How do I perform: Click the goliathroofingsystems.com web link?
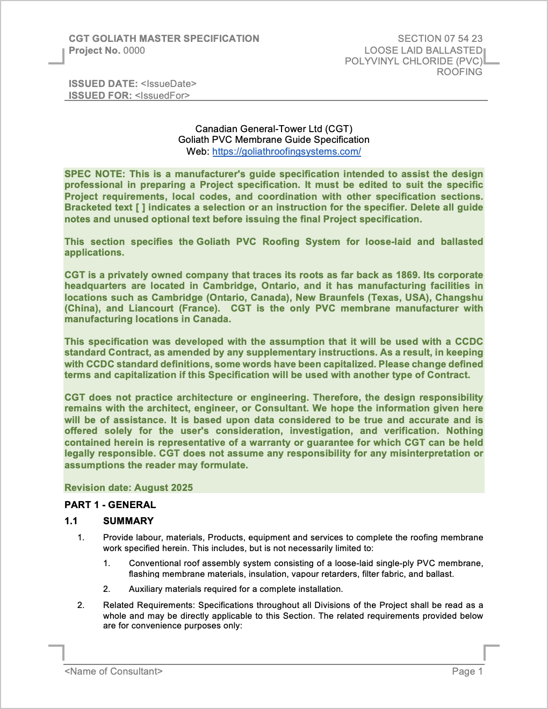click(x=286, y=151)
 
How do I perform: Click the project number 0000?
click(x=134, y=50)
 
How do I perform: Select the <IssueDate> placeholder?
click(x=168, y=84)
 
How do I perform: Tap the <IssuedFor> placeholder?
click(x=162, y=96)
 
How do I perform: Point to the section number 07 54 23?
click(x=463, y=39)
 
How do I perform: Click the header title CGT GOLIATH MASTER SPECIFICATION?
click(x=164, y=39)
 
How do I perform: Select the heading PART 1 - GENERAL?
click(x=110, y=505)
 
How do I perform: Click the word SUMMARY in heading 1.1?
click(x=128, y=521)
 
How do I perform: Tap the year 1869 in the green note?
click(x=407, y=275)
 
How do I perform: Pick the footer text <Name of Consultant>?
click(x=113, y=671)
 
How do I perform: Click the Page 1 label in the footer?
click(x=467, y=671)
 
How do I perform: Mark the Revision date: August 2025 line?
click(x=128, y=488)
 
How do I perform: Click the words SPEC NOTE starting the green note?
click(x=95, y=174)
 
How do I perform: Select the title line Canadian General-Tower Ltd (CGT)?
click(x=274, y=129)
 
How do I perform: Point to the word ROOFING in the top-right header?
click(x=459, y=72)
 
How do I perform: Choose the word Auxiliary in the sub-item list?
click(x=146, y=589)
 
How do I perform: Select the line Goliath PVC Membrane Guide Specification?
click(x=274, y=140)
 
